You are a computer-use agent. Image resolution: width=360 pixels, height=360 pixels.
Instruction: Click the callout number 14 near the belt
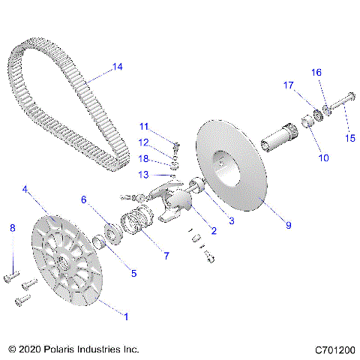coord(116,67)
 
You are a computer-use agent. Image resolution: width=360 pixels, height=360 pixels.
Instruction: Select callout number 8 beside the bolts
coord(11,227)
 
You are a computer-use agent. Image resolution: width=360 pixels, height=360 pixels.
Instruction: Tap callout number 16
coord(316,72)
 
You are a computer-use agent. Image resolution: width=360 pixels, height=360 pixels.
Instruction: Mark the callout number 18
coord(144,158)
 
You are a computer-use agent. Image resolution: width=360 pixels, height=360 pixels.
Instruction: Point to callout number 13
coord(144,175)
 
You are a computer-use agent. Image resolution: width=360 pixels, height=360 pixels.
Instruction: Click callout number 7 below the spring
coord(166,256)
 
